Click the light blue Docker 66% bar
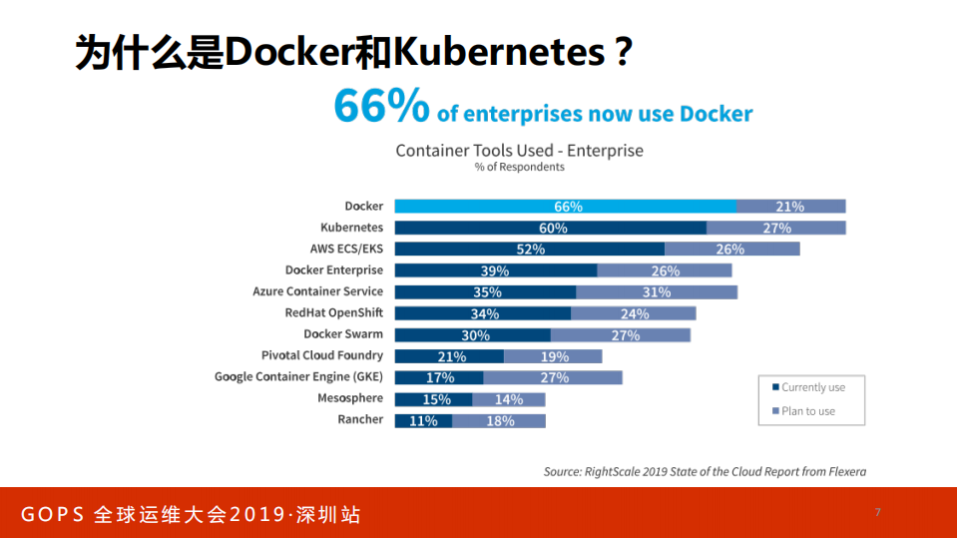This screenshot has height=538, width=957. tap(566, 207)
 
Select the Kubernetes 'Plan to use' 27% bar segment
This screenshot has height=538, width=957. tap(776, 228)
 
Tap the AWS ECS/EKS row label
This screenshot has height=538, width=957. tap(346, 249)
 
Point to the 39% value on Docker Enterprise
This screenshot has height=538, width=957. tap(495, 270)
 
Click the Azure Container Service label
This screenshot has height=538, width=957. tap(317, 291)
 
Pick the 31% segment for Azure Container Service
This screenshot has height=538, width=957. tap(657, 292)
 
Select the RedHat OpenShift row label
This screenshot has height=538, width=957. tap(333, 312)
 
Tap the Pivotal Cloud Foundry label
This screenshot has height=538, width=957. tap(321, 355)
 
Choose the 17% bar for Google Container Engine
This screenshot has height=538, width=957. tap(439, 377)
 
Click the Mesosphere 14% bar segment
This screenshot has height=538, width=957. tap(509, 399)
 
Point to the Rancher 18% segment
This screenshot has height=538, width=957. tap(499, 421)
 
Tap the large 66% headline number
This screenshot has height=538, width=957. tap(381, 107)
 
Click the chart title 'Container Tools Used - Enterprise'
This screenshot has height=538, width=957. tap(519, 151)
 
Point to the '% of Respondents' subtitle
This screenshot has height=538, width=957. tap(519, 168)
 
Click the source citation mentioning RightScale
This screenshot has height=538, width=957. tap(705, 471)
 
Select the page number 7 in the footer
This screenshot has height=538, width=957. tap(878, 512)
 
